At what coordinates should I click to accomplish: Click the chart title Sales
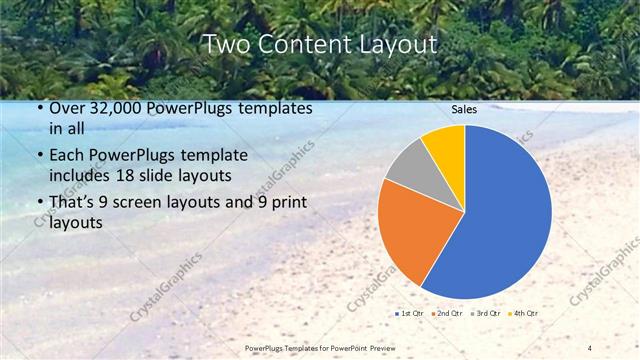464,109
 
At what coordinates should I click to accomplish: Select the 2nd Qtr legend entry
449,313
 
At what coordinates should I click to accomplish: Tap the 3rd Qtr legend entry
487,313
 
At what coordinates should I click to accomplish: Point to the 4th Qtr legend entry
525,313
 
